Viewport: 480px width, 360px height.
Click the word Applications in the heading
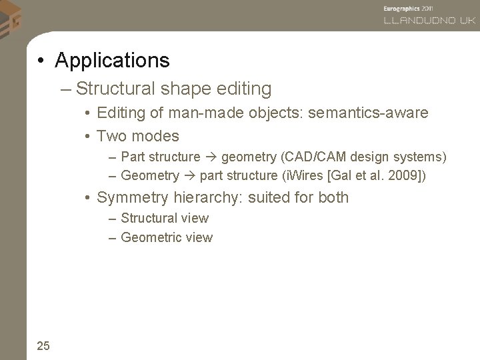[x=113, y=61]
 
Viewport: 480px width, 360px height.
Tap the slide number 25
[x=43, y=345]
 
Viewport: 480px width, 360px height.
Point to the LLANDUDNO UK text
[x=429, y=20]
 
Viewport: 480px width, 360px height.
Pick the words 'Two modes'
[x=137, y=137]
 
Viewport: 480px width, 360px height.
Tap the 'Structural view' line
[x=165, y=218]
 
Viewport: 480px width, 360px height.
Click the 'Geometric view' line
[x=167, y=237]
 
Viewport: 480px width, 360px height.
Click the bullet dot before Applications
[x=41, y=62]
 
